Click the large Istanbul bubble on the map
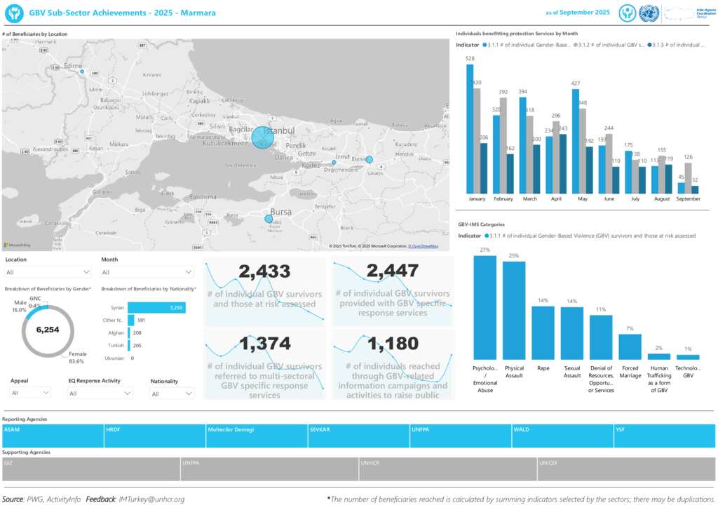262,137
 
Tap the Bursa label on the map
280,211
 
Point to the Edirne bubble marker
82,72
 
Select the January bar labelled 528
470,129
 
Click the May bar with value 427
575,141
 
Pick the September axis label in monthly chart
689,199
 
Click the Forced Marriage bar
630,346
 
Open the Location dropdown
48,272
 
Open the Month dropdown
147,272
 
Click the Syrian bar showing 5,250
156,308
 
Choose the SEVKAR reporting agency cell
358,436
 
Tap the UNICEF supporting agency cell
625,469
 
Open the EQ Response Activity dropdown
100,393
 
